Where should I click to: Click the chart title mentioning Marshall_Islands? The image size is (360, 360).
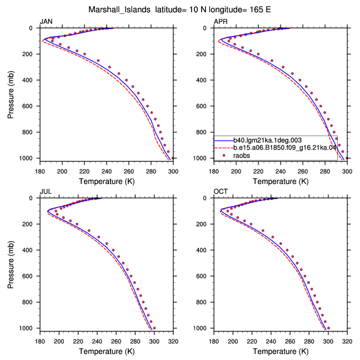pos(179,9)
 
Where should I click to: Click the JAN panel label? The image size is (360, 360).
pos(46,22)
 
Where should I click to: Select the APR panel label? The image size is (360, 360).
pos(221,22)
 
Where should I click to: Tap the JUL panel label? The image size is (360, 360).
pos(46,192)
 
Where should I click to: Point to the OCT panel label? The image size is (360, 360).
pos(221,192)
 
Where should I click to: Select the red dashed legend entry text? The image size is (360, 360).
pos(285,148)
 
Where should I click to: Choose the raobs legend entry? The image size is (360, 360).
pos(242,156)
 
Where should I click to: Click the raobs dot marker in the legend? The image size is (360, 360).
pos(224,156)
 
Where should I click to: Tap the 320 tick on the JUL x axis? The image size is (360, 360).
pos(173,342)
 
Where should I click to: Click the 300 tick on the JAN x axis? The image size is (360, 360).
pos(173,172)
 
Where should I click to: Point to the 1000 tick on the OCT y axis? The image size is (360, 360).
pos(199,328)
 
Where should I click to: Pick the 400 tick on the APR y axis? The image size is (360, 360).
pos(201,80)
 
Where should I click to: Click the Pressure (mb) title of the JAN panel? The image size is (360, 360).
pos(11,94)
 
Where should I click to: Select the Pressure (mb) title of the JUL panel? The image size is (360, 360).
pos(11,264)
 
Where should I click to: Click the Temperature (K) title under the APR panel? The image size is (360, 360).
pos(281,181)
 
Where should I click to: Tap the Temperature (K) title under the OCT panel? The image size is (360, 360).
pos(281,351)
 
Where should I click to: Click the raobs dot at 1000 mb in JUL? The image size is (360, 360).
pos(154,328)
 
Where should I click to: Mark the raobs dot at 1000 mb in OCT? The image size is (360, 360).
pos(328,328)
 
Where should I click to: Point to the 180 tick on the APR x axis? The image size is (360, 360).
pos(214,172)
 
